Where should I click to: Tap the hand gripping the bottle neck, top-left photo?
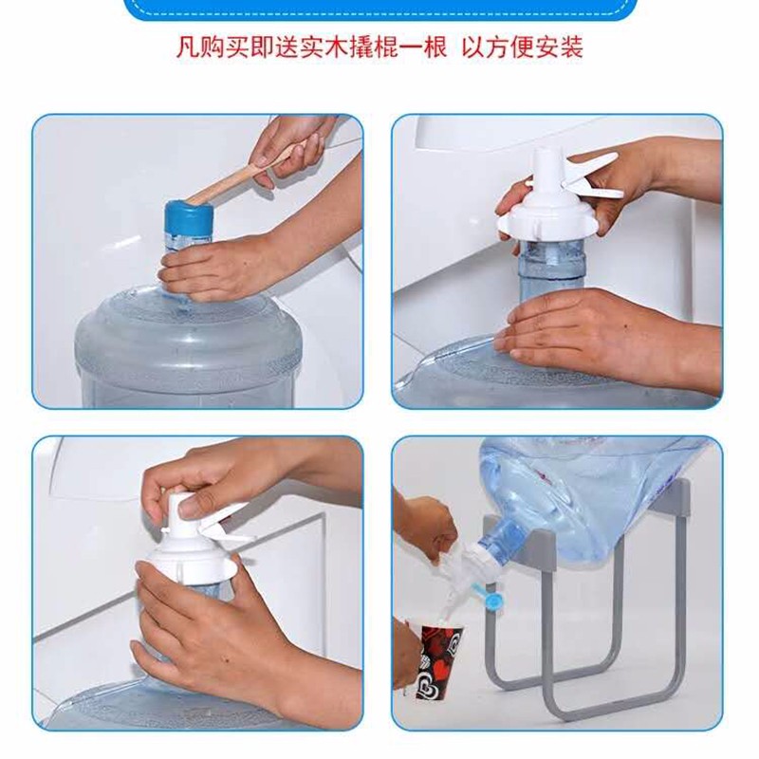coord(218,267)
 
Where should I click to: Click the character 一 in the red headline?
coord(402,47)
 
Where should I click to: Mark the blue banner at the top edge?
coord(380,9)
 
